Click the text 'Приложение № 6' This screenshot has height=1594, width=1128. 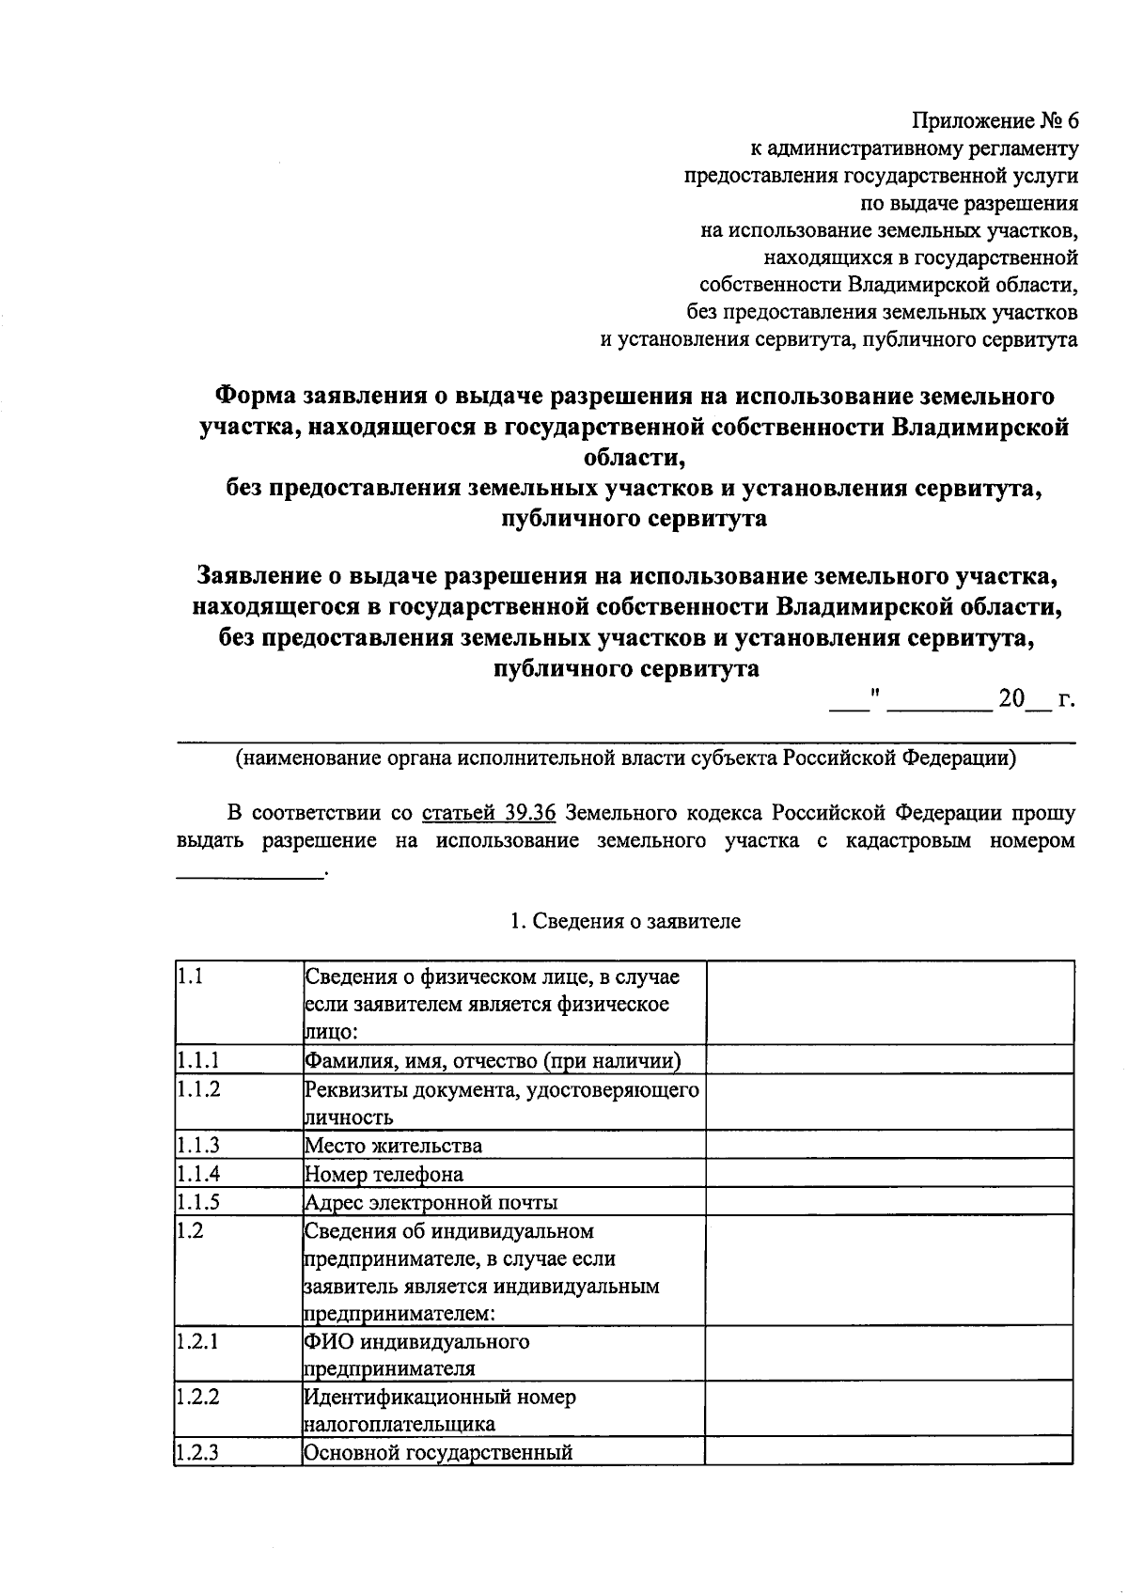[995, 121]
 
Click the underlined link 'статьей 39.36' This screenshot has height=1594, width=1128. [489, 812]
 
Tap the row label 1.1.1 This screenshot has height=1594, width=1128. [198, 1061]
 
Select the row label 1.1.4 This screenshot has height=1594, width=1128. [198, 1174]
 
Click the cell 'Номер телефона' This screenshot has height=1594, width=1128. [384, 1175]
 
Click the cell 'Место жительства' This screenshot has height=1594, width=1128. [393, 1146]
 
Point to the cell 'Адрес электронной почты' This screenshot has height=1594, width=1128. [431, 1203]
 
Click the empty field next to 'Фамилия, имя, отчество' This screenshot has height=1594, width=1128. [889, 1060]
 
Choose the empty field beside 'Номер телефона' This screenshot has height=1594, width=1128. [889, 1173]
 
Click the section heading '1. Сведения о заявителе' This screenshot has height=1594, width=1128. [625, 921]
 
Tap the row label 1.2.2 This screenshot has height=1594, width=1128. [198, 1397]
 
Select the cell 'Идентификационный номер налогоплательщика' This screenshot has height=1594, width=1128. [440, 1410]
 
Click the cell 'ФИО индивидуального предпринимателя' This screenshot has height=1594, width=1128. [416, 1354]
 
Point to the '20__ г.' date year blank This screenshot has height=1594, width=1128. [1035, 700]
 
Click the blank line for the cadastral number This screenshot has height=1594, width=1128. [250, 874]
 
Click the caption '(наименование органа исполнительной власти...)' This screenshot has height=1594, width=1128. [625, 758]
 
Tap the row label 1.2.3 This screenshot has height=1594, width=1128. [198, 1452]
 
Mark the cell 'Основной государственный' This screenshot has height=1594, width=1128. [438, 1452]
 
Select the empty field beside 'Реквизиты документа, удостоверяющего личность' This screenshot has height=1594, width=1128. [889, 1102]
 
